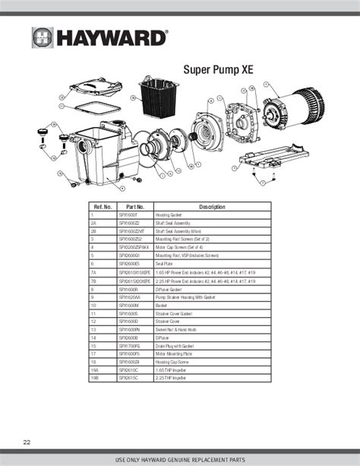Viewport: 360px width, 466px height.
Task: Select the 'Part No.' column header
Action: [134, 207]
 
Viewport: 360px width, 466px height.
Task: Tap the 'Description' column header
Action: [212, 207]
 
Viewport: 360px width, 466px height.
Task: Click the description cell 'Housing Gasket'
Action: [172, 216]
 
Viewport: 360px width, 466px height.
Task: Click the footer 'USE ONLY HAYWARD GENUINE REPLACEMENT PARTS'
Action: [179, 460]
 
